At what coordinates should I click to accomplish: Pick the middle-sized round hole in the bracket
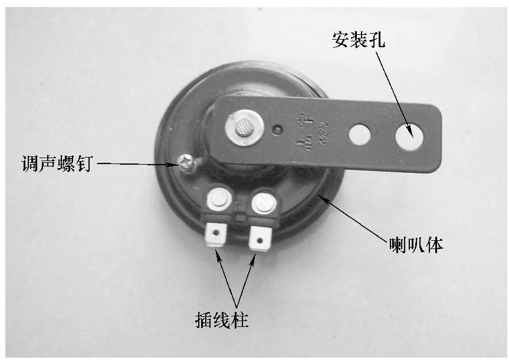[x=359, y=135]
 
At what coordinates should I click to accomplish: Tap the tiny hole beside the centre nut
[x=277, y=127]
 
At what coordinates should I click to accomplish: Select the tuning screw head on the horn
[x=185, y=161]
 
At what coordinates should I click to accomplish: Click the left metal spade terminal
[x=216, y=235]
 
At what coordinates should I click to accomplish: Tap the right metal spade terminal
[x=258, y=238]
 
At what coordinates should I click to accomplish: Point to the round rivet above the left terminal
[x=218, y=201]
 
